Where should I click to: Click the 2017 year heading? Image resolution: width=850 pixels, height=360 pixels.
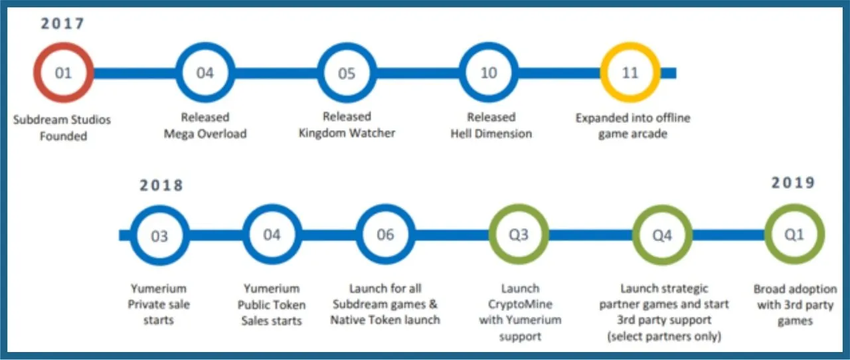coord(62,23)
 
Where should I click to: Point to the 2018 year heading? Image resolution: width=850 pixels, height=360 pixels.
coord(161,185)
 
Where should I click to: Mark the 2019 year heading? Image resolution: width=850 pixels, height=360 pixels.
coord(793,183)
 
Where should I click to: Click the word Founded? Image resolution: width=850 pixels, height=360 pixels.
coord(63,136)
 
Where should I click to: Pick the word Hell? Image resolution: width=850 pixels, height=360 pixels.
coord(459,134)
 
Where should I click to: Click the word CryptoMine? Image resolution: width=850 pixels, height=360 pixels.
coord(520,305)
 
